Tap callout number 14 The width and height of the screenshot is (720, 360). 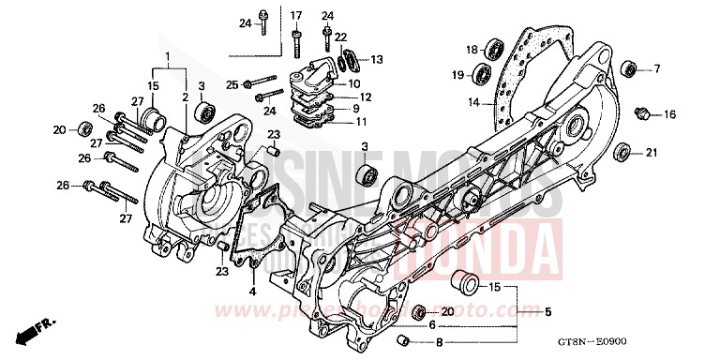pyautogui.click(x=474, y=101)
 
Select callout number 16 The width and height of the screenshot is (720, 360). pyautogui.click(x=670, y=114)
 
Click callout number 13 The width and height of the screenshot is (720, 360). pyautogui.click(x=377, y=59)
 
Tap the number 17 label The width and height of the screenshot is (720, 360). pyautogui.click(x=296, y=16)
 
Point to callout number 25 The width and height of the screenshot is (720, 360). pyautogui.click(x=232, y=84)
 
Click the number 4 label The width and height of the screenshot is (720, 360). pyautogui.click(x=251, y=292)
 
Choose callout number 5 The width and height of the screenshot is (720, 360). pyautogui.click(x=548, y=312)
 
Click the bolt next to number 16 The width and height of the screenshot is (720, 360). pyautogui.click(x=642, y=113)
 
